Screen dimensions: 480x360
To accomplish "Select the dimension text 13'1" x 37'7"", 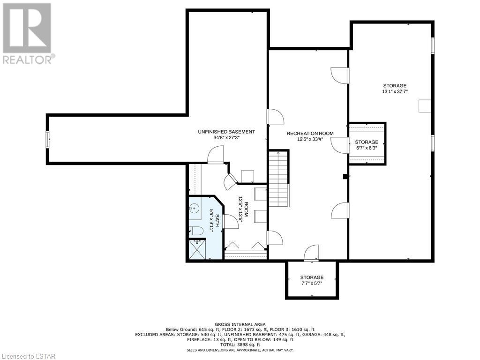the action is [395, 91].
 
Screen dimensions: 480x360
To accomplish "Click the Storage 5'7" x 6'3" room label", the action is [367, 144].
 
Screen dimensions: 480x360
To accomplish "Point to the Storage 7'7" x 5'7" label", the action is [312, 280].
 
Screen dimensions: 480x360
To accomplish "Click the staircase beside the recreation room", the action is [279, 179].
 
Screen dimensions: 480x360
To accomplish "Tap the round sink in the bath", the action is [194, 209].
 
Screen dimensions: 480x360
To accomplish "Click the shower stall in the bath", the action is [197, 249].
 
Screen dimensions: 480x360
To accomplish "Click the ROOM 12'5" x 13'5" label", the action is [243, 211].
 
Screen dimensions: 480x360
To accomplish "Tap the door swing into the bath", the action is [231, 222].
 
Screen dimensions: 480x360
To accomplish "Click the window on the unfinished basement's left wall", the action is [48, 140].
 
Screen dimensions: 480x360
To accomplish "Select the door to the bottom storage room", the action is [311, 253].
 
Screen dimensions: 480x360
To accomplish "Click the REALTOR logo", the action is [27, 34].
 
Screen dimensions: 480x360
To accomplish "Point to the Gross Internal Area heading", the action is [240, 324].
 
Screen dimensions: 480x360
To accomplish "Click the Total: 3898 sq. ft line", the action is [240, 345].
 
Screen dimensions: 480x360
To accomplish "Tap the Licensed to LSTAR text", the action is [28, 356].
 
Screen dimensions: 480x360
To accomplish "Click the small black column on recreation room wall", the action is [345, 176].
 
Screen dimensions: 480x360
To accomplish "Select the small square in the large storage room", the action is [425, 106].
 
